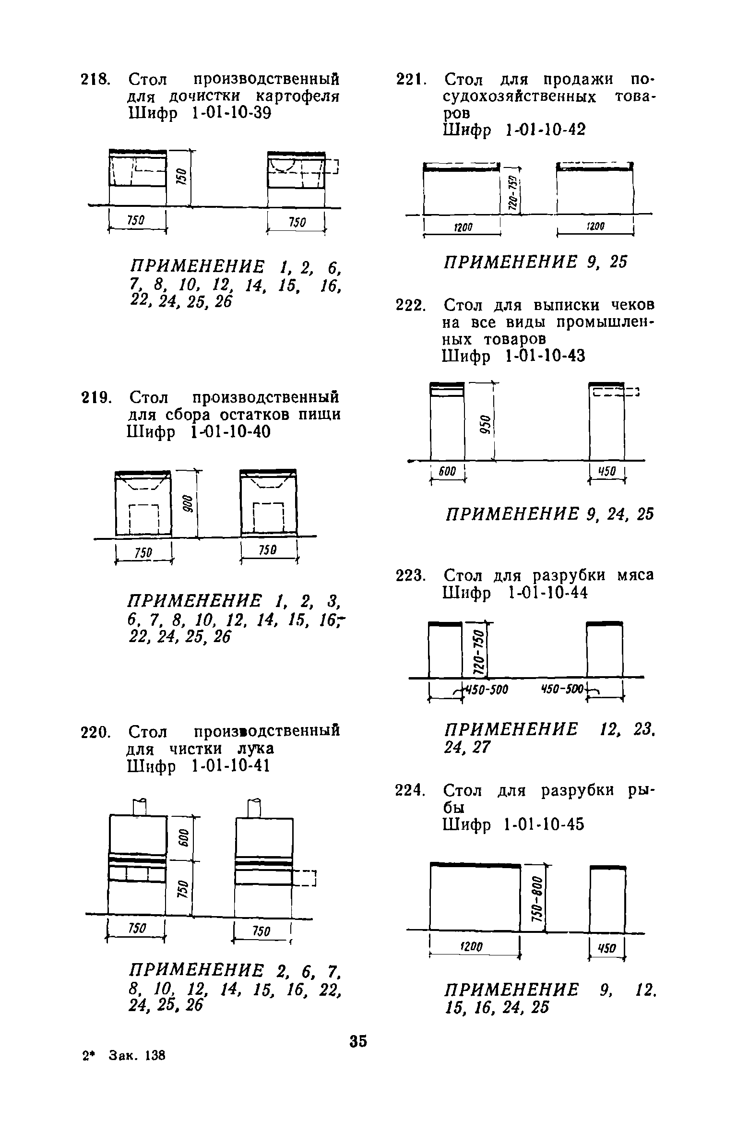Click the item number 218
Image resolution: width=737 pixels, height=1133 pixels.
(95, 79)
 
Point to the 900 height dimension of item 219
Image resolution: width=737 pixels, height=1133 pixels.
(188, 504)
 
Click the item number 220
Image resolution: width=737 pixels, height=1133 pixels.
(95, 732)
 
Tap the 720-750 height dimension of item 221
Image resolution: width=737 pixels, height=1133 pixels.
(513, 191)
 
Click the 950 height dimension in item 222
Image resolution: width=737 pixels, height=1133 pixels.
(485, 424)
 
